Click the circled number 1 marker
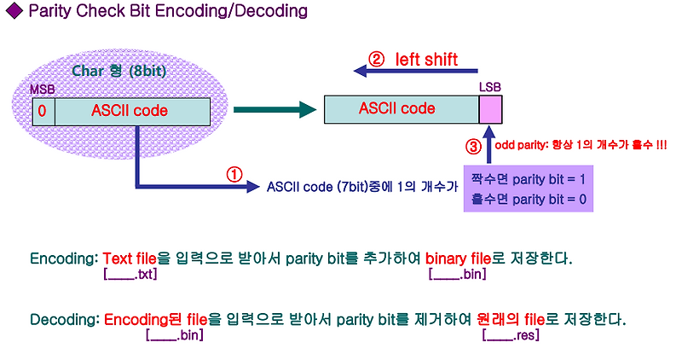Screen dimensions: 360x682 click(x=234, y=173)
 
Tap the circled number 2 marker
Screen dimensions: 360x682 click(x=376, y=60)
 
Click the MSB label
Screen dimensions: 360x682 click(x=42, y=90)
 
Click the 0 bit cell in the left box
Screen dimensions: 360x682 click(x=42, y=111)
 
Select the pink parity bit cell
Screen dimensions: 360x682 click(x=490, y=109)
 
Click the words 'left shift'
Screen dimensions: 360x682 click(x=426, y=59)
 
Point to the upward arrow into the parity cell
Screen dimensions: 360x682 click(x=490, y=142)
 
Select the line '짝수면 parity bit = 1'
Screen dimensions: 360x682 click(x=527, y=181)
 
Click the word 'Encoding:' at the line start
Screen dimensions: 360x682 click(x=64, y=258)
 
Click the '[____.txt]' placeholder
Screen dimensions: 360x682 click(x=130, y=274)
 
